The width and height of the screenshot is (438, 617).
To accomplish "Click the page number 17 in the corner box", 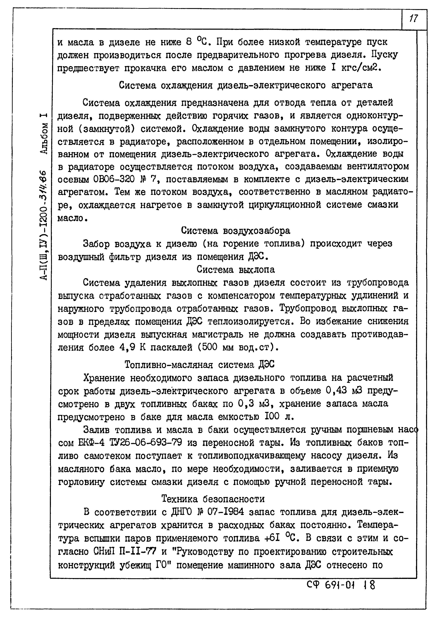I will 413,19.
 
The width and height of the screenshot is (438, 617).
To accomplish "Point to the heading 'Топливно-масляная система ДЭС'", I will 199,365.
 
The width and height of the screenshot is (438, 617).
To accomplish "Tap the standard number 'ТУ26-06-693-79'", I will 146,443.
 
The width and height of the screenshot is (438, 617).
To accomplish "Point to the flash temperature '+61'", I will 273,538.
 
